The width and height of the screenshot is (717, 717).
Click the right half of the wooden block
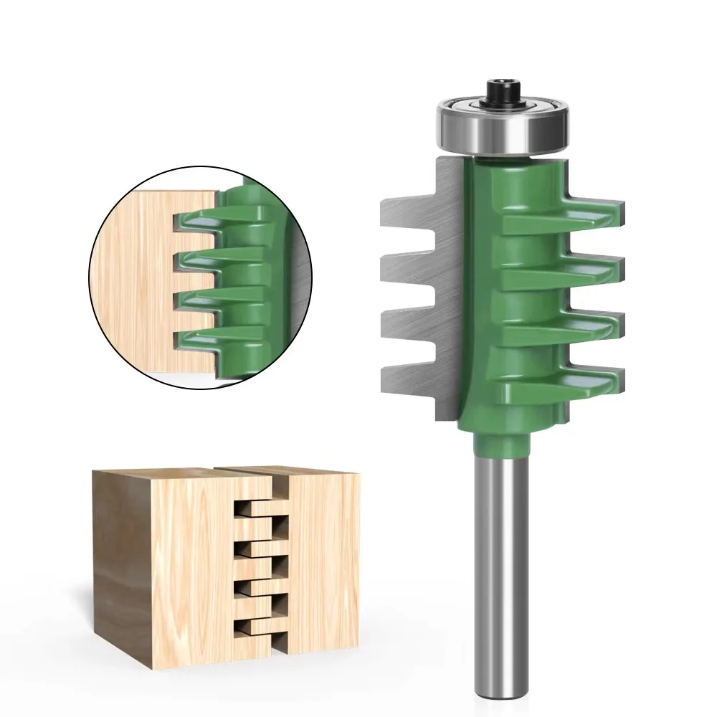click(x=323, y=559)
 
